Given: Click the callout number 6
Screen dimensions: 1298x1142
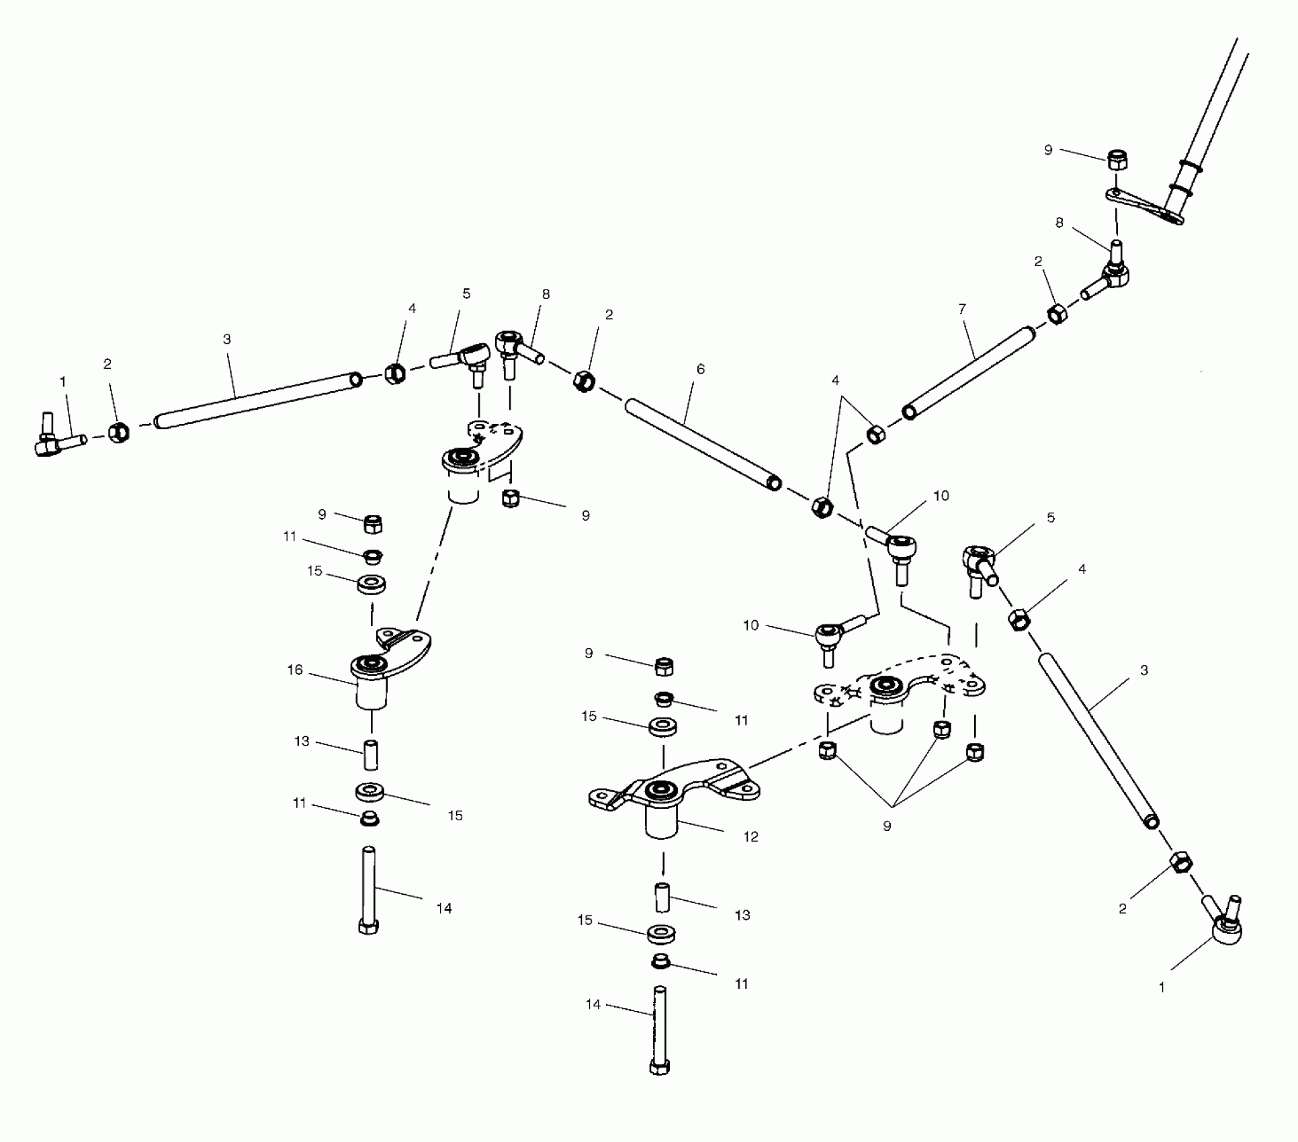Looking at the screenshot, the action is pos(701,369).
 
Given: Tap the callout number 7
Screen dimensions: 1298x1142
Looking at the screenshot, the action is pos(962,309).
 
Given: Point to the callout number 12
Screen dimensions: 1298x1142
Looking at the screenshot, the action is pos(750,836).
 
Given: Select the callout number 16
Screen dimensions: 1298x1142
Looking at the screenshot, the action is pos(295,670).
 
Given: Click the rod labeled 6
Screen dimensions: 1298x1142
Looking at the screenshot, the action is pos(702,443).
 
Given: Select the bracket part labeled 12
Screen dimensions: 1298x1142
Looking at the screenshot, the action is pos(672,793).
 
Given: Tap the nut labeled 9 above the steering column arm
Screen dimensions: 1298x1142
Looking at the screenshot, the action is pos(1117,161).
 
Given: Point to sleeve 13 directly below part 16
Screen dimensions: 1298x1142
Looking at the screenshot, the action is pos(371,755).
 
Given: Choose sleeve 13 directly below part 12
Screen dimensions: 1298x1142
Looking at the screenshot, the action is pos(662,898).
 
